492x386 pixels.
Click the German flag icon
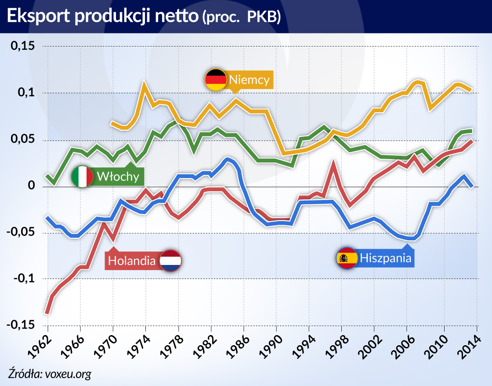coord(216,80)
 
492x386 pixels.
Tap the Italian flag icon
coord(82,177)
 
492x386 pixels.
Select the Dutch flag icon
coord(170,261)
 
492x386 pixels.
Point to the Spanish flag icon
coord(347,258)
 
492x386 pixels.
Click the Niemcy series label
coord(249,80)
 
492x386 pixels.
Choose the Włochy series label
coord(118,177)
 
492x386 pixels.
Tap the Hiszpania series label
coord(386,258)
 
